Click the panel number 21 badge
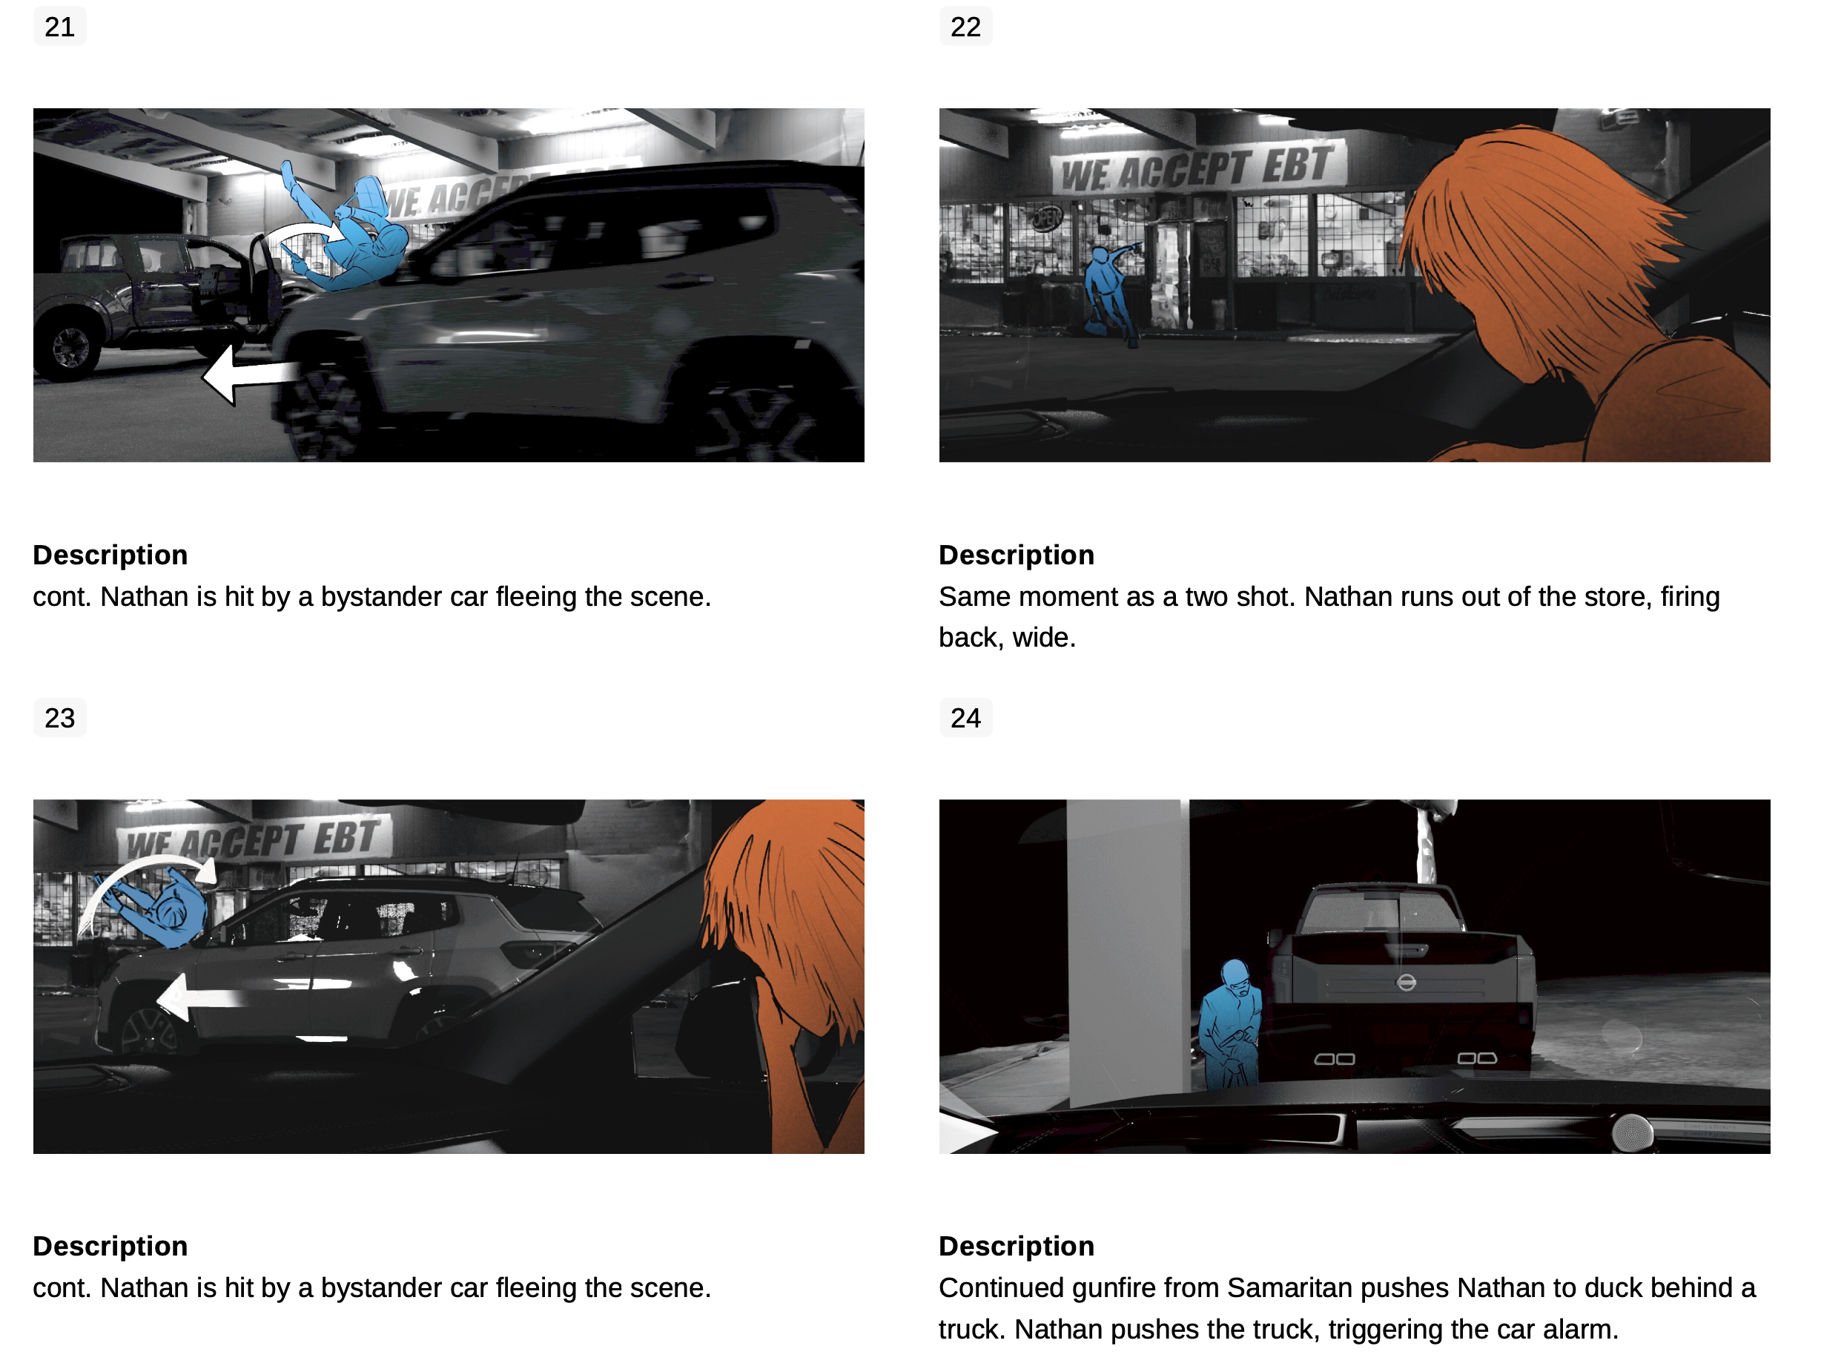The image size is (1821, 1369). pos(59,27)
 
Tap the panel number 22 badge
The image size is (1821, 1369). pos(965,27)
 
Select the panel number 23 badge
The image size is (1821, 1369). pos(59,718)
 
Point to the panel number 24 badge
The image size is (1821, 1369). pos(965,718)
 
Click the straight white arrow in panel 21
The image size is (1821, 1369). pos(251,375)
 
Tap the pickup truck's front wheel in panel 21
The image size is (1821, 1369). pos(70,347)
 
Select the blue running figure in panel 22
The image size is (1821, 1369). pos(1111,292)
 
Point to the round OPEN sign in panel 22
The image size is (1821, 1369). pos(1047,218)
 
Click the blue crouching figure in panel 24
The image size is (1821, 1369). pos(1230,1025)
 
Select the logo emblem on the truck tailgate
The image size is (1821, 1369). pos(1406,982)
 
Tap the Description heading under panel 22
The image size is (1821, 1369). pos(1017,555)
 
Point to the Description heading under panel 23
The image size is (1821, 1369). pos(110,1247)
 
